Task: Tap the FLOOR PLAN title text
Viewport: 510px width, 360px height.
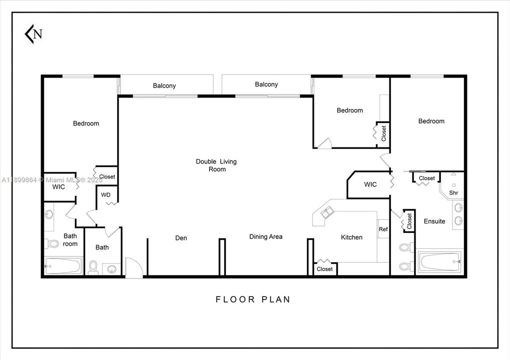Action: [253, 299]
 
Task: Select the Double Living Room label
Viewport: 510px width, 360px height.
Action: [216, 165]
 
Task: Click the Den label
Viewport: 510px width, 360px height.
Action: [181, 238]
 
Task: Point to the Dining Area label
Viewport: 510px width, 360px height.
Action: [266, 236]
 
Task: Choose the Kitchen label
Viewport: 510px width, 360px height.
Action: [351, 237]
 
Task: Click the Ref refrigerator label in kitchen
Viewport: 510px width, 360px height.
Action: [383, 229]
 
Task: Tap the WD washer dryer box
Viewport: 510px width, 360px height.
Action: [106, 195]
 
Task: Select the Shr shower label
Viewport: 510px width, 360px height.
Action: [453, 192]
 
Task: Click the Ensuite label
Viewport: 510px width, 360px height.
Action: [434, 221]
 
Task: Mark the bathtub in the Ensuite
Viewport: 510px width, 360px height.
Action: [440, 261]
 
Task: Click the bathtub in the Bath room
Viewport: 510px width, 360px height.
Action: [63, 266]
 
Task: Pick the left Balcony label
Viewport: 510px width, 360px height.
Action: [164, 86]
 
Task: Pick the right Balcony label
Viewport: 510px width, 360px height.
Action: [266, 84]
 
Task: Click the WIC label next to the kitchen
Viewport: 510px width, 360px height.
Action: [370, 184]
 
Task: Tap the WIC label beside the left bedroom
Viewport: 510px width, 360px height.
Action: [59, 186]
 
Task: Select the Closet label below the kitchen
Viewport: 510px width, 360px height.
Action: [325, 269]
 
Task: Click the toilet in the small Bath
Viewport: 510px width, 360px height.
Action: [93, 267]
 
